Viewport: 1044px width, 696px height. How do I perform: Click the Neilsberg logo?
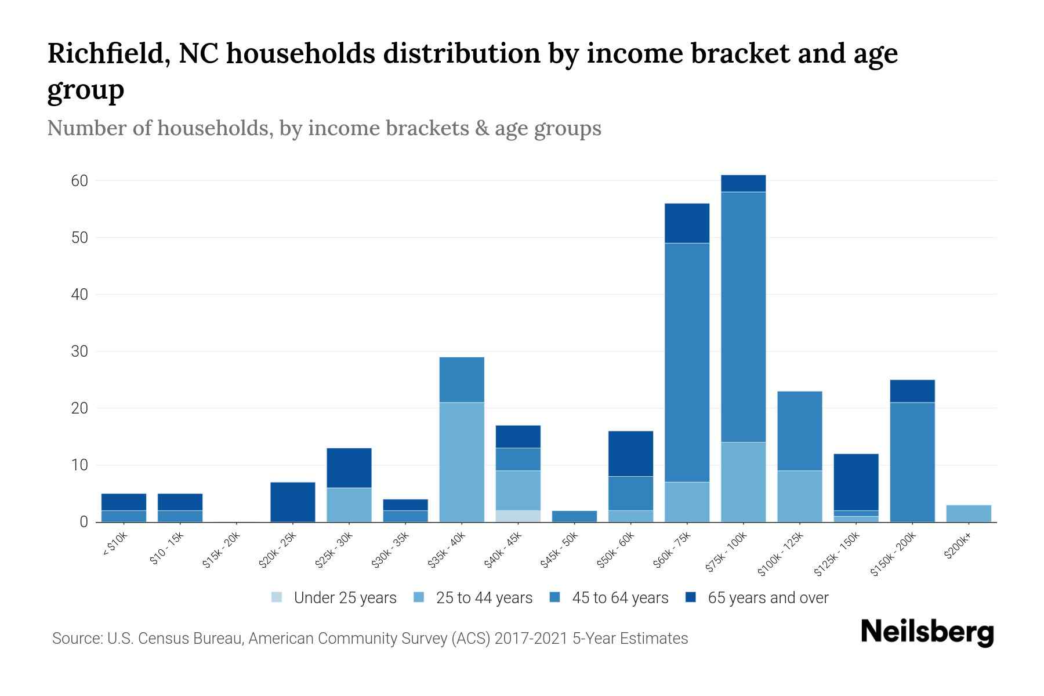[927, 632]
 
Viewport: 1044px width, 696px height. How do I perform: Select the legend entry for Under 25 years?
[334, 598]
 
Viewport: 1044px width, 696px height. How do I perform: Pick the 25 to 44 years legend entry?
[473, 598]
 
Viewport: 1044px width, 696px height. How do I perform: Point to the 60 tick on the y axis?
[79, 181]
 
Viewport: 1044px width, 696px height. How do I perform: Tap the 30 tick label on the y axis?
[79, 351]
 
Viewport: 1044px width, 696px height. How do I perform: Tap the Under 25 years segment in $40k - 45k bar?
[518, 516]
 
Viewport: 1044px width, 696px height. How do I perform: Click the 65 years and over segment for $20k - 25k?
[293, 502]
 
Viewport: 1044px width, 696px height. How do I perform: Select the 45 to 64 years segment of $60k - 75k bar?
[687, 362]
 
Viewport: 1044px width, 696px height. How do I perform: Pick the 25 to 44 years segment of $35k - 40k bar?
[462, 462]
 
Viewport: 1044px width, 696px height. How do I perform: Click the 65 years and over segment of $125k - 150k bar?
[856, 482]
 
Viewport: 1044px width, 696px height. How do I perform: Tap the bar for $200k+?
[969, 513]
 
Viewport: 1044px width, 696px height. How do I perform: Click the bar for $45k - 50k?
[574, 516]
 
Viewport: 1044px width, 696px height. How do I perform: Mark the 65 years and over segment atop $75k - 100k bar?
[743, 183]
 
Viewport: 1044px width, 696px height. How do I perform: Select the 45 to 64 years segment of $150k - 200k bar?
[912, 462]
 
